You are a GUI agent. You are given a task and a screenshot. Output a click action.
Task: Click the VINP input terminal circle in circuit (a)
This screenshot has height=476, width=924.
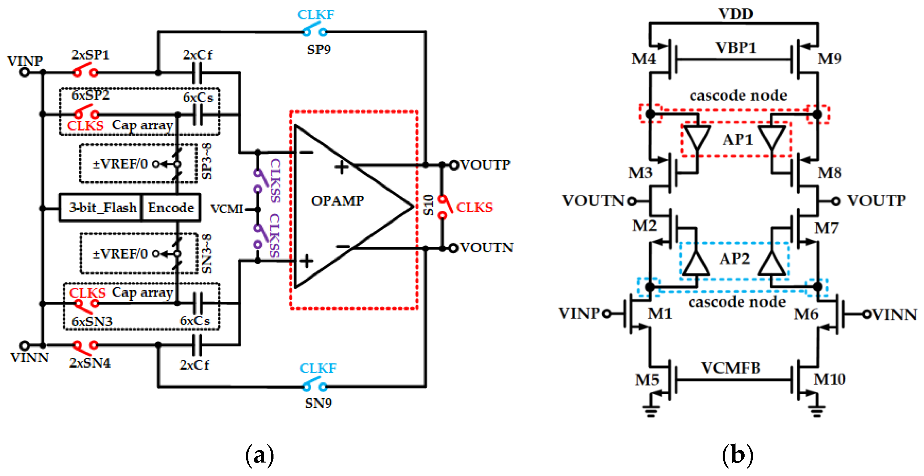[x=24, y=73]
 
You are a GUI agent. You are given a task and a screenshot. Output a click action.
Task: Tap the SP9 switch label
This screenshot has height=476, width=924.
[x=319, y=49]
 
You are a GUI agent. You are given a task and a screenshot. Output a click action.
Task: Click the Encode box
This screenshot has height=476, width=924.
[x=171, y=207]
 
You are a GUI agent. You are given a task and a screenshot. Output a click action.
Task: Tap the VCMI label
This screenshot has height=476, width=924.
[x=227, y=209]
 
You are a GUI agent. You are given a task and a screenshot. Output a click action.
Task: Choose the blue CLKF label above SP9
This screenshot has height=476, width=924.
[x=316, y=15]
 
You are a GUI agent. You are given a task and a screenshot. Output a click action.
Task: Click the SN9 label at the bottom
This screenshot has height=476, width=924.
[x=318, y=403]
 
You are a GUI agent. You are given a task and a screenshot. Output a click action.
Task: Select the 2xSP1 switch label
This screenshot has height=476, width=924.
[x=90, y=55]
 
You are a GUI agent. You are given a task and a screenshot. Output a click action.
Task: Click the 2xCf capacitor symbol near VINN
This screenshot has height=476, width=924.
[x=197, y=345]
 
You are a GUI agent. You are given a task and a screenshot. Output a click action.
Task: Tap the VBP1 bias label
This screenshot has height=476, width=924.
[x=735, y=48]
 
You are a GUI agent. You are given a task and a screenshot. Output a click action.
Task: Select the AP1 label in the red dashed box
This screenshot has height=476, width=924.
[x=737, y=139]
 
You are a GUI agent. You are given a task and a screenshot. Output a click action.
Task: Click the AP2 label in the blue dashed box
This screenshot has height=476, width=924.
[x=734, y=258]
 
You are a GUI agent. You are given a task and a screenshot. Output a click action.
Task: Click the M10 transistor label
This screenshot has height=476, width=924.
[x=829, y=379]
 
